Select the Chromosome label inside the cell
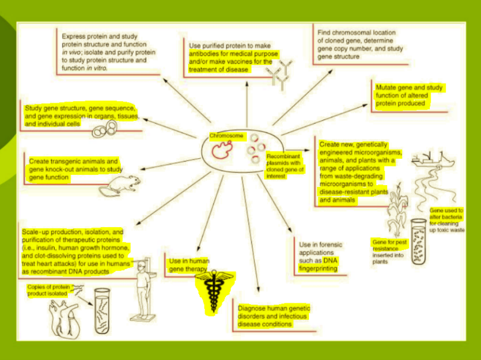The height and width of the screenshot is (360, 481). coord(227,136)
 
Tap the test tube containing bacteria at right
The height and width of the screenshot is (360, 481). coord(421,240)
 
